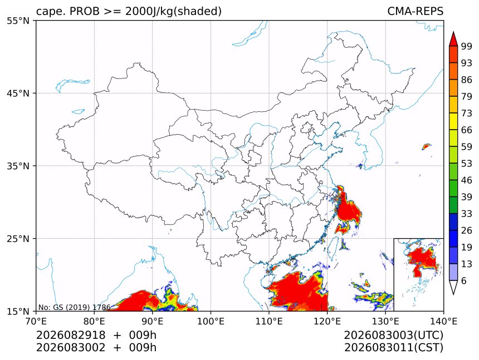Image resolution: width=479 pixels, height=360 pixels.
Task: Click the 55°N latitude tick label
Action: coord(18,21)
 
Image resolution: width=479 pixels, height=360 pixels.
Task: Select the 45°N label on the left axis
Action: coord(18,93)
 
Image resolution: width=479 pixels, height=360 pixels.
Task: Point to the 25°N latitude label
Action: coord(18,238)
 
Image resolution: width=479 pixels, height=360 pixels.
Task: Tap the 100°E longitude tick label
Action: coord(211,321)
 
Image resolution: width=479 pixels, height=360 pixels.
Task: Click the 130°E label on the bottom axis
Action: coord(385,321)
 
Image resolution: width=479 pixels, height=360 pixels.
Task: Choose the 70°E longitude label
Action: coord(36,321)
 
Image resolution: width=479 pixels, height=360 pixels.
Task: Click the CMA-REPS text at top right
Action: coord(415,11)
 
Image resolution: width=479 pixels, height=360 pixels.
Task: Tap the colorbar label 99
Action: coord(467,46)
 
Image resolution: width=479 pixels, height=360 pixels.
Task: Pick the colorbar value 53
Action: coord(467,164)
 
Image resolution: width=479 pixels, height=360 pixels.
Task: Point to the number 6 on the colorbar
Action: coord(464,280)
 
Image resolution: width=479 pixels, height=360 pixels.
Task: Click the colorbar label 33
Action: coord(467,214)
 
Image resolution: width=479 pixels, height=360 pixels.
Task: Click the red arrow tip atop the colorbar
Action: coord(453,32)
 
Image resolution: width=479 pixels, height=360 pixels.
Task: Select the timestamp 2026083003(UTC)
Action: coord(393,335)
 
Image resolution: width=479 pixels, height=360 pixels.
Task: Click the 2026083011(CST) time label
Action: coord(393,348)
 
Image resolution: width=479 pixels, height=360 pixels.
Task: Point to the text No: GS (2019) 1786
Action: coord(74,307)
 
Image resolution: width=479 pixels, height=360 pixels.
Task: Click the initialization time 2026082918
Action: coord(71,335)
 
